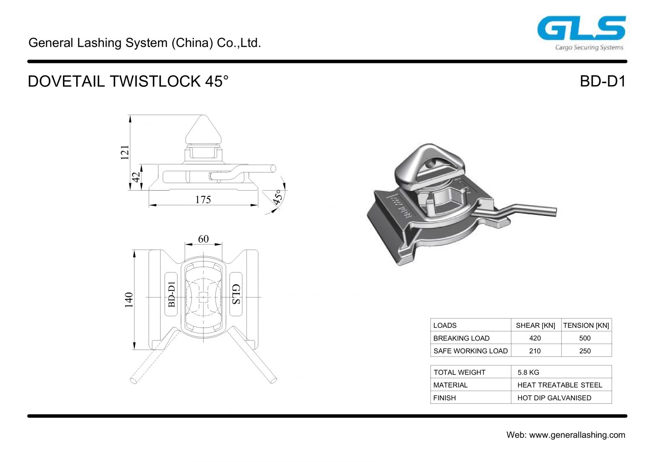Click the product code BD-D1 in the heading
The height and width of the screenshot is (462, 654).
click(602, 81)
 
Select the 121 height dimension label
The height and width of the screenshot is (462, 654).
click(125, 152)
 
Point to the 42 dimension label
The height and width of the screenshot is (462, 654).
click(136, 177)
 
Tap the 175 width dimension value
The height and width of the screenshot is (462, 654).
click(203, 199)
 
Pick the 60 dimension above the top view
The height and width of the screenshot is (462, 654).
click(203, 239)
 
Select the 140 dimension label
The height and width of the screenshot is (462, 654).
click(129, 300)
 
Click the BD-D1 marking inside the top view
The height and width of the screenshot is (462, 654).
click(171, 294)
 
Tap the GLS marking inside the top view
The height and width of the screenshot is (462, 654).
click(236, 294)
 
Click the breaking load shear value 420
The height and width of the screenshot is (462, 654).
click(535, 338)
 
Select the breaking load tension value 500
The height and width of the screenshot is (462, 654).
click(585, 338)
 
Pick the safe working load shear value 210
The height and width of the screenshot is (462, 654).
click(535, 351)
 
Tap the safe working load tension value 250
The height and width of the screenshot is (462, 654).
click(585, 351)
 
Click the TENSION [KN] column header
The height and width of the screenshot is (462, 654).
click(586, 325)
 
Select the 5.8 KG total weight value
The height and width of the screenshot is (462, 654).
click(528, 372)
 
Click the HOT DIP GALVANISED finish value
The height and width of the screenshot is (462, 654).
click(554, 398)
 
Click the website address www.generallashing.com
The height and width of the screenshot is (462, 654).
click(577, 435)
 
